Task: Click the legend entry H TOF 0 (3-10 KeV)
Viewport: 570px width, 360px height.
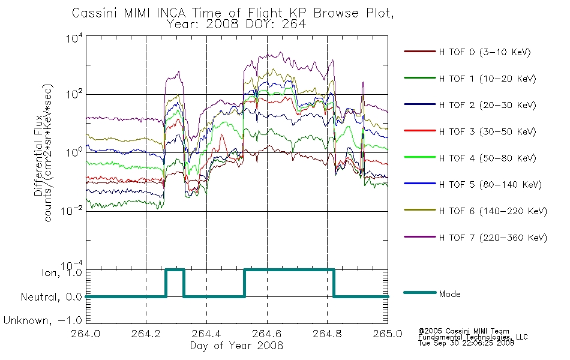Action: (485, 52)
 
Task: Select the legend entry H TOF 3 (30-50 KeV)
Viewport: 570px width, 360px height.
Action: (487, 131)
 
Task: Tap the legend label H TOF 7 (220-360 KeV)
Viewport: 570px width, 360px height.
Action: (493, 238)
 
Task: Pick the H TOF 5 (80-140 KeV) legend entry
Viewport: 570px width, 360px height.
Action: (490, 185)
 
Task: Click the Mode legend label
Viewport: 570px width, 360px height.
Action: (449, 294)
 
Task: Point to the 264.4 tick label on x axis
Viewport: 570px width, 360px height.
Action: (206, 334)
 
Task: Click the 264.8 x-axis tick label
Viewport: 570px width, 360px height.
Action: (327, 334)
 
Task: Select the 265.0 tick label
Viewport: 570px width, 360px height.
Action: (388, 334)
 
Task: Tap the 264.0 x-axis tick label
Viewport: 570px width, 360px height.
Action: (86, 334)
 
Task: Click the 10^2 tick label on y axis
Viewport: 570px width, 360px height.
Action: (74, 94)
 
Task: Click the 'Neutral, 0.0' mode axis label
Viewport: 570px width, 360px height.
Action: (52, 297)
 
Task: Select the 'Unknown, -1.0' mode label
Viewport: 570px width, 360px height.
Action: (43, 320)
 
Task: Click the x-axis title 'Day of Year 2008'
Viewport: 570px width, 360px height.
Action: (236, 346)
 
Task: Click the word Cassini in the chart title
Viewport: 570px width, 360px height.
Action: (96, 13)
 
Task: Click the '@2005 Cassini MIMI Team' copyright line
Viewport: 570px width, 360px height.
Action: (463, 331)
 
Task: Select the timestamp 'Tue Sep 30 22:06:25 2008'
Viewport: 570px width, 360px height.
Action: (466, 343)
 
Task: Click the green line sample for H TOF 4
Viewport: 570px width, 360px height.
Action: (419, 157)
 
